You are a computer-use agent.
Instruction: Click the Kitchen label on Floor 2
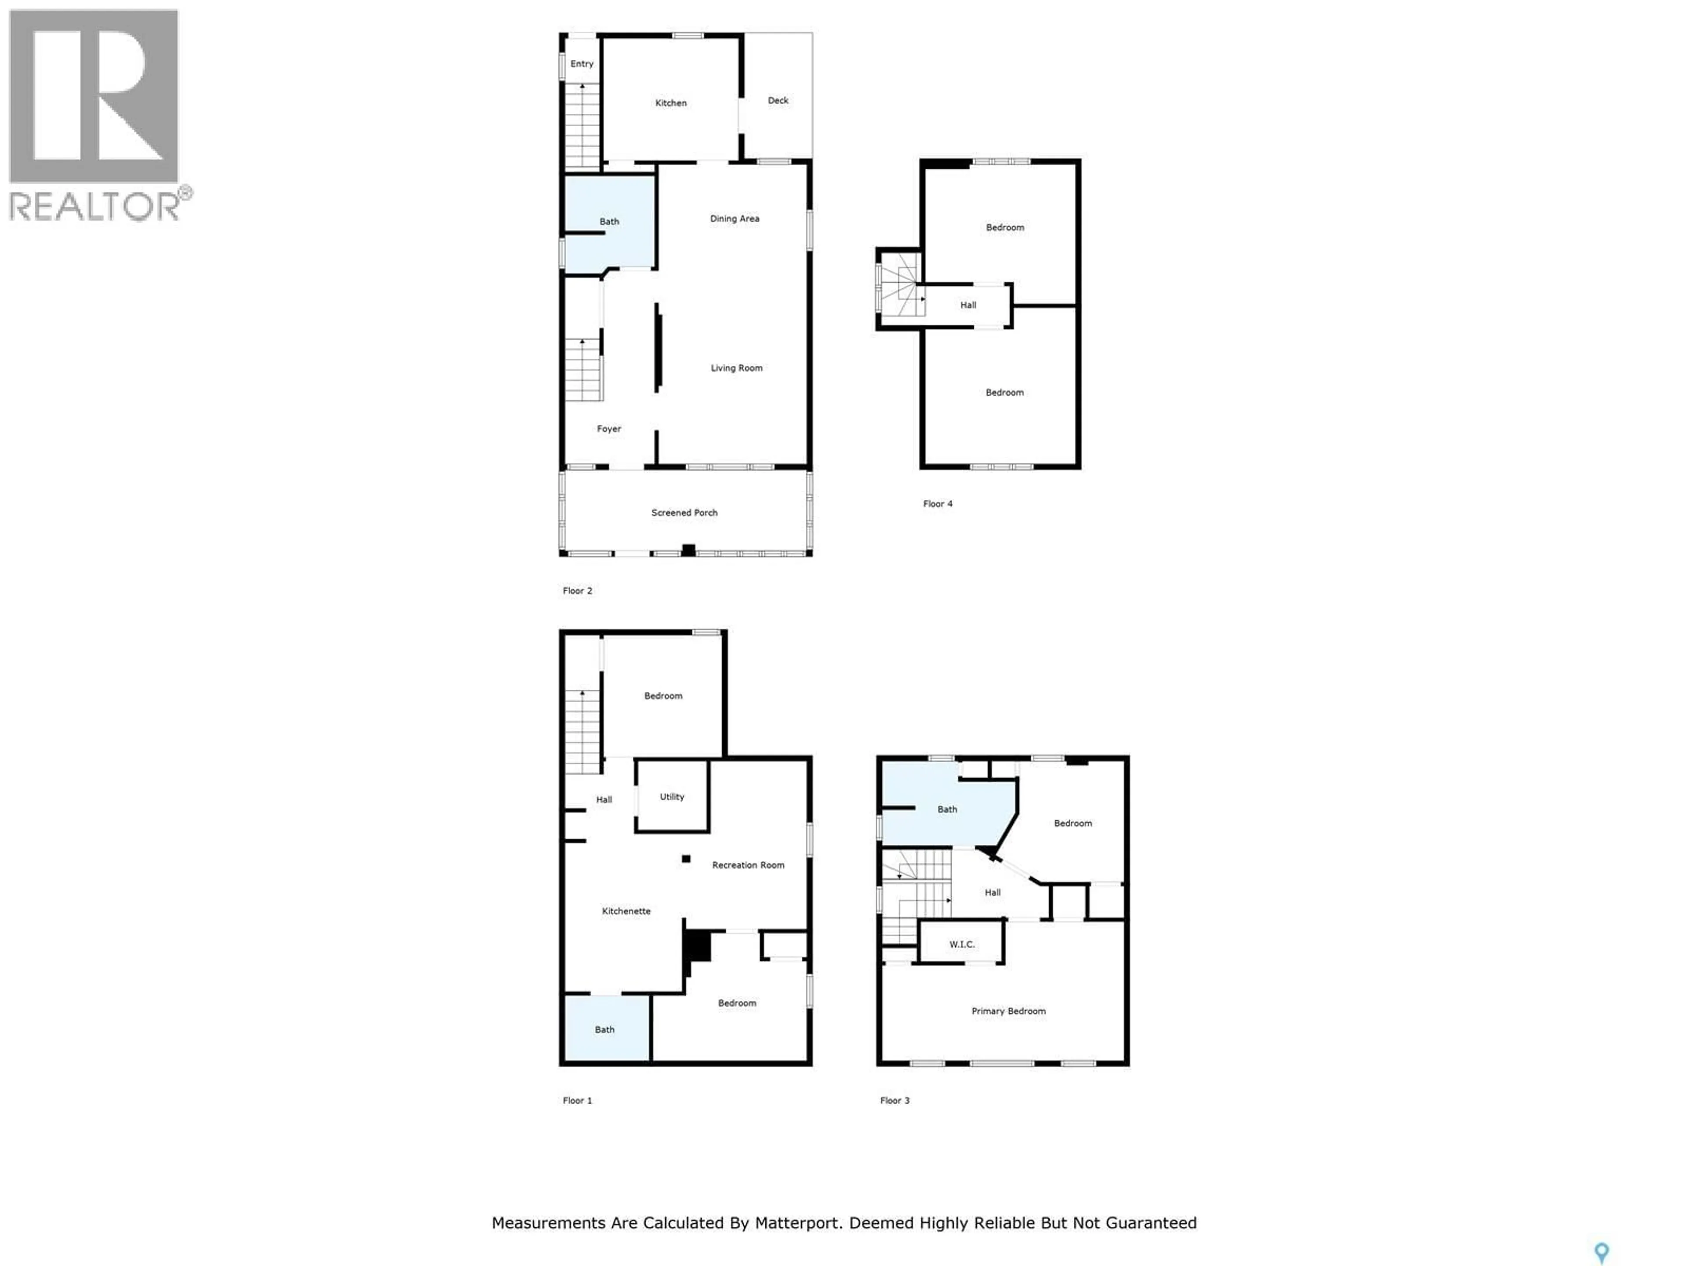[x=671, y=103]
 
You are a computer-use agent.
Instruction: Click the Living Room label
[x=736, y=368]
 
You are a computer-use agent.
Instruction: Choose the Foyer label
[x=608, y=429]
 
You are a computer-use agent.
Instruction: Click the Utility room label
[x=672, y=797]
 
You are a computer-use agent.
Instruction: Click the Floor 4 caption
[x=937, y=504]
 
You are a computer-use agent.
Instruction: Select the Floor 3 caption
[x=895, y=1100]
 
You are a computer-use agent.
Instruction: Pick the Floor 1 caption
[x=577, y=1100]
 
